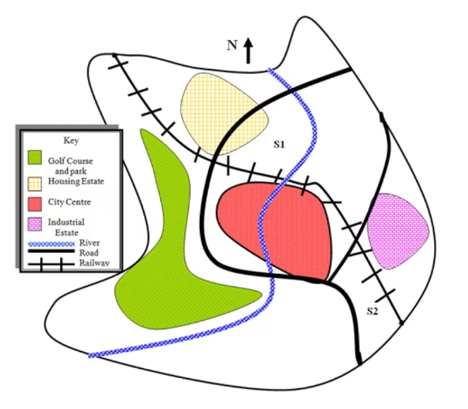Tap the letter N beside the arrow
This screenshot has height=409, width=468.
coord(231,46)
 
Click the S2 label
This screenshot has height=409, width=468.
coord(372,311)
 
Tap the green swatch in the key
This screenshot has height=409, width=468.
coord(34,157)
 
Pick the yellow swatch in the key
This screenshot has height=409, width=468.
coord(35,182)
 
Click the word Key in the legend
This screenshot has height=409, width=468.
coord(69,140)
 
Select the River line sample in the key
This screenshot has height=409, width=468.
coord(50,243)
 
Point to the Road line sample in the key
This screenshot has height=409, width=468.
coord(50,252)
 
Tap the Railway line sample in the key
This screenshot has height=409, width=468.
coord(50,262)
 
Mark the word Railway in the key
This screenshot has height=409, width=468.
coord(94,262)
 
